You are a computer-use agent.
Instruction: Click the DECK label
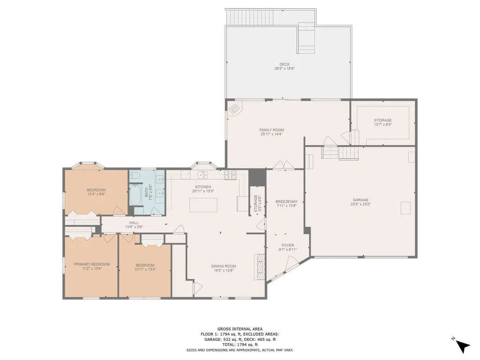(285, 64)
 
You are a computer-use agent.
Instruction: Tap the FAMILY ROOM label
(271, 130)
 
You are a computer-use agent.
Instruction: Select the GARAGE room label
(360, 200)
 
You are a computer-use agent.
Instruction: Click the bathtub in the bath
(135, 195)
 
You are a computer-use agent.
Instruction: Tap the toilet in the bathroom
(135, 175)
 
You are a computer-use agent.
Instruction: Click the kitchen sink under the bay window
(202, 175)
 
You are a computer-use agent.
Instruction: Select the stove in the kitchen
(230, 175)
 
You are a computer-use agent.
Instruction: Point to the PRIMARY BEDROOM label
(92, 264)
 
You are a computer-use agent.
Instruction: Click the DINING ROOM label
(224, 266)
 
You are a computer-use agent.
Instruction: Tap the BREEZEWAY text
(286, 202)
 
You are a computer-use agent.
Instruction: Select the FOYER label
(288, 245)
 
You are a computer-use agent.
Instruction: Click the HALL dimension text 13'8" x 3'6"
(134, 227)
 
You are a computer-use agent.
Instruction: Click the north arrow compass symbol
(461, 345)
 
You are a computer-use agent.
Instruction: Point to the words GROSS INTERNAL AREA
(240, 329)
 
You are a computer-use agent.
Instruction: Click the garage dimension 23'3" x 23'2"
(360, 204)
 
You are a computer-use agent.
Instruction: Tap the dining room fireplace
(260, 267)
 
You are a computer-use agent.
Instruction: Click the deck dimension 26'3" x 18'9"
(285, 68)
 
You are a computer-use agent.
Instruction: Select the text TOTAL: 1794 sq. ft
(240, 345)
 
